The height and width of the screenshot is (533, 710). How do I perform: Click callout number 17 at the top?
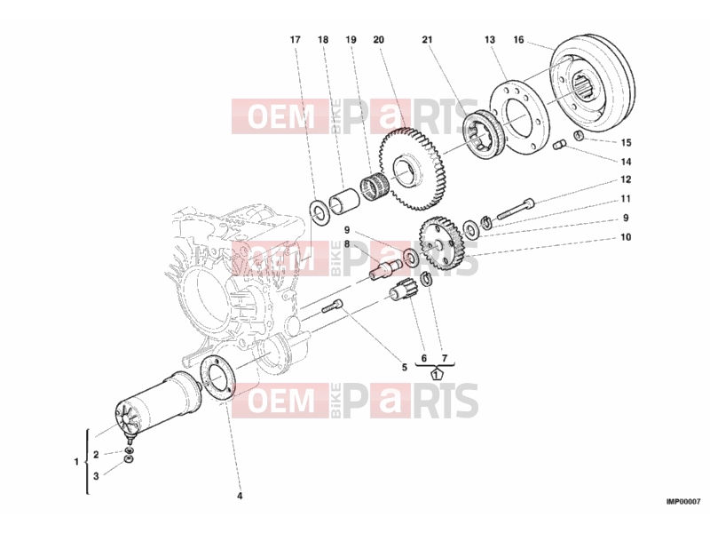click(x=295, y=40)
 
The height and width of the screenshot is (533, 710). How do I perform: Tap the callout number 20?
click(x=379, y=40)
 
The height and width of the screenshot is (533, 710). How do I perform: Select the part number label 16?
click(x=518, y=40)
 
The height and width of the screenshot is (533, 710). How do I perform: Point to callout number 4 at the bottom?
click(x=240, y=496)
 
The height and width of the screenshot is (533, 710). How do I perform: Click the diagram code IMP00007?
click(x=683, y=502)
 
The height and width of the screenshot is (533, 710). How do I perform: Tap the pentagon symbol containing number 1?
click(x=436, y=374)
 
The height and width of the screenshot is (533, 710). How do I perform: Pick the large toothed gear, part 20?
click(x=412, y=171)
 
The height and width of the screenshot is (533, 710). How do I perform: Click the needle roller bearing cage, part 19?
click(x=374, y=187)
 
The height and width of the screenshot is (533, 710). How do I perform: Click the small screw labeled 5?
click(x=332, y=306)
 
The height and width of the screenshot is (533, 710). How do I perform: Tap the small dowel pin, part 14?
click(x=561, y=145)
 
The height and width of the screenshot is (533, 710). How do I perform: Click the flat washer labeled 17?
click(x=320, y=211)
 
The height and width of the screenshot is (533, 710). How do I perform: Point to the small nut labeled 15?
click(x=579, y=135)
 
